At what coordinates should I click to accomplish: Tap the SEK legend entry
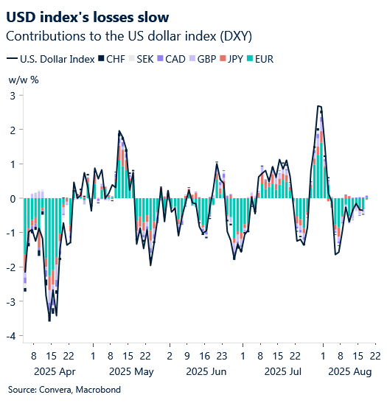(142, 59)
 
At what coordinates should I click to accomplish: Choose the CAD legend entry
(171, 59)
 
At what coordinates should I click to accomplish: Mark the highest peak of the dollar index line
(318, 106)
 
